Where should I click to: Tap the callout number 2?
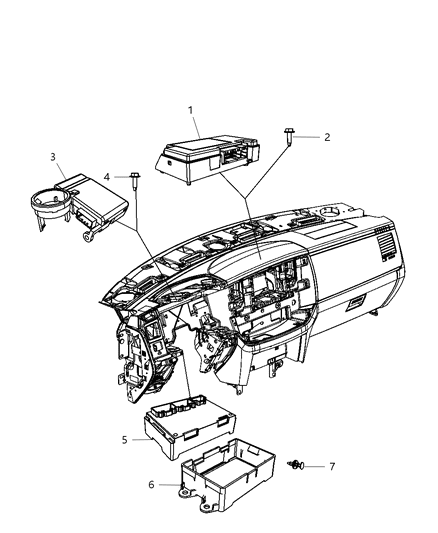tap(326, 137)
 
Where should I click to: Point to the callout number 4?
tap(108, 177)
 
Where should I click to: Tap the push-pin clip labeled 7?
tap(297, 465)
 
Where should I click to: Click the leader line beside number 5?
tap(138, 438)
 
